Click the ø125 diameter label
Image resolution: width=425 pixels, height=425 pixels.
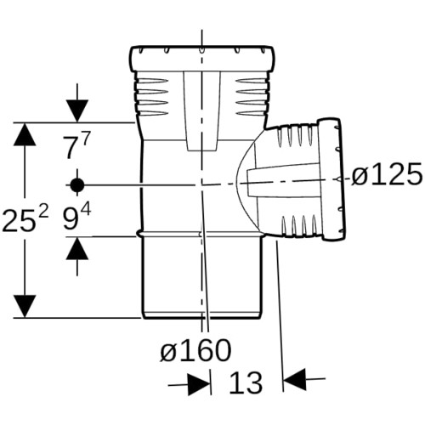point(387,175)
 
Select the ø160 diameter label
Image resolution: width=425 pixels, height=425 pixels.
point(195,350)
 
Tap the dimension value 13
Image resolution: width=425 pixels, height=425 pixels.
point(246,382)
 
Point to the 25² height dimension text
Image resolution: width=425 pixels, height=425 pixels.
point(25,218)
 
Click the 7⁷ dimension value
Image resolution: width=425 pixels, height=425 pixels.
point(75,147)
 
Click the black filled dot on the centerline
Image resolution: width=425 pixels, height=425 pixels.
point(77,185)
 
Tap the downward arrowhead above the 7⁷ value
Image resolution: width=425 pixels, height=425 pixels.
point(77,111)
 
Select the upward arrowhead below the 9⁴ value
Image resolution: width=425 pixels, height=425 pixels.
point(77,248)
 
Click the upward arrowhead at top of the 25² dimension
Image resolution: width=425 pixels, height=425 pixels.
point(25,134)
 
